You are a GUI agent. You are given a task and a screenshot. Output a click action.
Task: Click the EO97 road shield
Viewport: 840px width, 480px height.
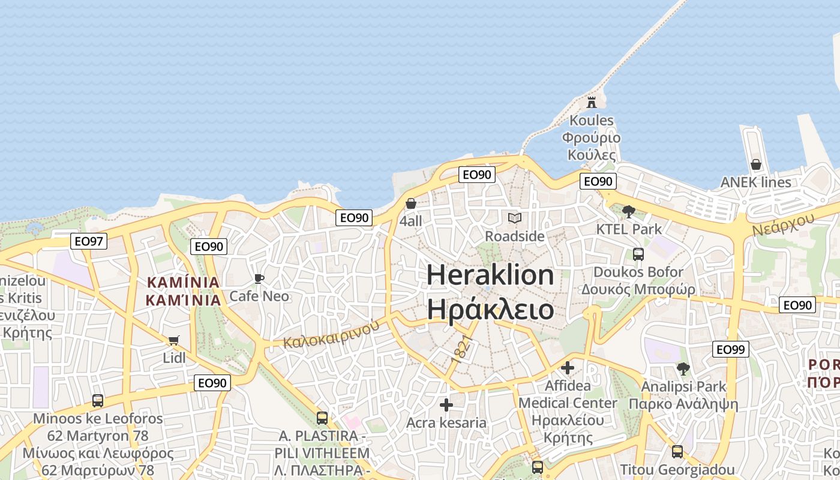coord(89,241)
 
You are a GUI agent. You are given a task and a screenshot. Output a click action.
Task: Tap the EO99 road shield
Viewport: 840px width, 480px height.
coord(731,349)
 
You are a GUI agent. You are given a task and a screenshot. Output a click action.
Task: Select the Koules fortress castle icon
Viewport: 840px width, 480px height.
coord(592,101)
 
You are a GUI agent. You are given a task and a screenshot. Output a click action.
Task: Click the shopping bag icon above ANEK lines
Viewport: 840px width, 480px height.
coord(756,164)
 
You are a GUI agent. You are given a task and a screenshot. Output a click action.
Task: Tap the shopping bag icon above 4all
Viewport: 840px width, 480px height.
coord(411,203)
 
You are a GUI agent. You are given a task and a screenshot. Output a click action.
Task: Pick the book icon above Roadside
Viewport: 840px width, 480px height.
coord(515,218)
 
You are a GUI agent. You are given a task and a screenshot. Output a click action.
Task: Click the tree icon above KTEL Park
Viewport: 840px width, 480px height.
coord(629,211)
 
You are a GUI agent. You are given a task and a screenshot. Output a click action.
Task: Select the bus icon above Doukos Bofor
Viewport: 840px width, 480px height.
coord(638,254)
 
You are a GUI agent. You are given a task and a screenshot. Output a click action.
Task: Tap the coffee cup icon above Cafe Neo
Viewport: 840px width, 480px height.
coord(259,278)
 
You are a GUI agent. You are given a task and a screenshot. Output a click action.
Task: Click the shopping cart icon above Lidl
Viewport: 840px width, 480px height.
coord(174,341)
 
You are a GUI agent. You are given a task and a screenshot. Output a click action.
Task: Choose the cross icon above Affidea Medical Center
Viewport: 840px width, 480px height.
coord(568,367)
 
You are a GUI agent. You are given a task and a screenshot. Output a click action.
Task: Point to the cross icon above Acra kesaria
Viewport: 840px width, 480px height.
coord(446,405)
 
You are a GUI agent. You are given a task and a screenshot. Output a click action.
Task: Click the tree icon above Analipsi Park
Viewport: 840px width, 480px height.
coord(683,368)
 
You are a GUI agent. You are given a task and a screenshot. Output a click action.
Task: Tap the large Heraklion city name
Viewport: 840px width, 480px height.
coord(490,275)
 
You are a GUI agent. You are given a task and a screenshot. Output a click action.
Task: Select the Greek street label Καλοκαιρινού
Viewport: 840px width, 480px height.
coord(332,334)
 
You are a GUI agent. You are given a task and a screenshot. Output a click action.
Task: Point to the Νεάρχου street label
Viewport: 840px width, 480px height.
coord(783,224)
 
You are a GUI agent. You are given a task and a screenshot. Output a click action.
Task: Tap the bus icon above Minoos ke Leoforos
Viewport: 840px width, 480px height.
coord(98,400)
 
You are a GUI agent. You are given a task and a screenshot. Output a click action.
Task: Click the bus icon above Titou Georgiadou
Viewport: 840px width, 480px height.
coord(677,452)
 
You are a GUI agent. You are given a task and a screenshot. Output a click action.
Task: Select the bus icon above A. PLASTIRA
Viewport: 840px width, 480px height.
coord(322,418)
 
